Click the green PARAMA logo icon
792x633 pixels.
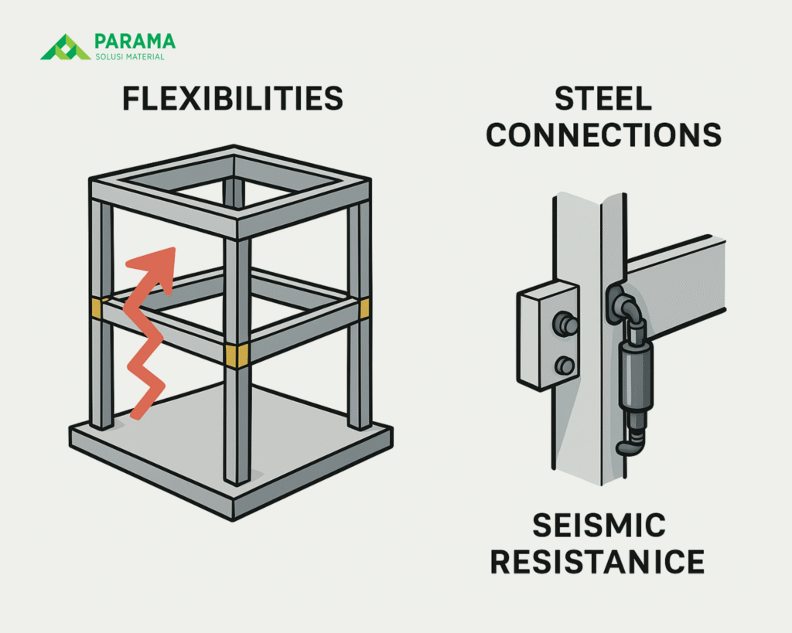pyautogui.click(x=66, y=47)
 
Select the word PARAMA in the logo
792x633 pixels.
pyautogui.click(x=134, y=40)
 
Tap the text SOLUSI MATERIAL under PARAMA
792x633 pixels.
pyautogui.click(x=128, y=57)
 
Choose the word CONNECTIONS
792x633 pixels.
pyautogui.click(x=604, y=134)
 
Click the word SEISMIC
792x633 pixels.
pyautogui.click(x=598, y=526)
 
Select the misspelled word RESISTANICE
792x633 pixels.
pyautogui.click(x=598, y=561)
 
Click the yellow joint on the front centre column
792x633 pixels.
pyautogui.click(x=237, y=355)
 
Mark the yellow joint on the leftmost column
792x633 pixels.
pyautogui.click(x=97, y=307)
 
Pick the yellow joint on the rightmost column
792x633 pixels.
pyautogui.click(x=364, y=308)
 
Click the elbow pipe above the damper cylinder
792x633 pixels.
pyautogui.click(x=626, y=305)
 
